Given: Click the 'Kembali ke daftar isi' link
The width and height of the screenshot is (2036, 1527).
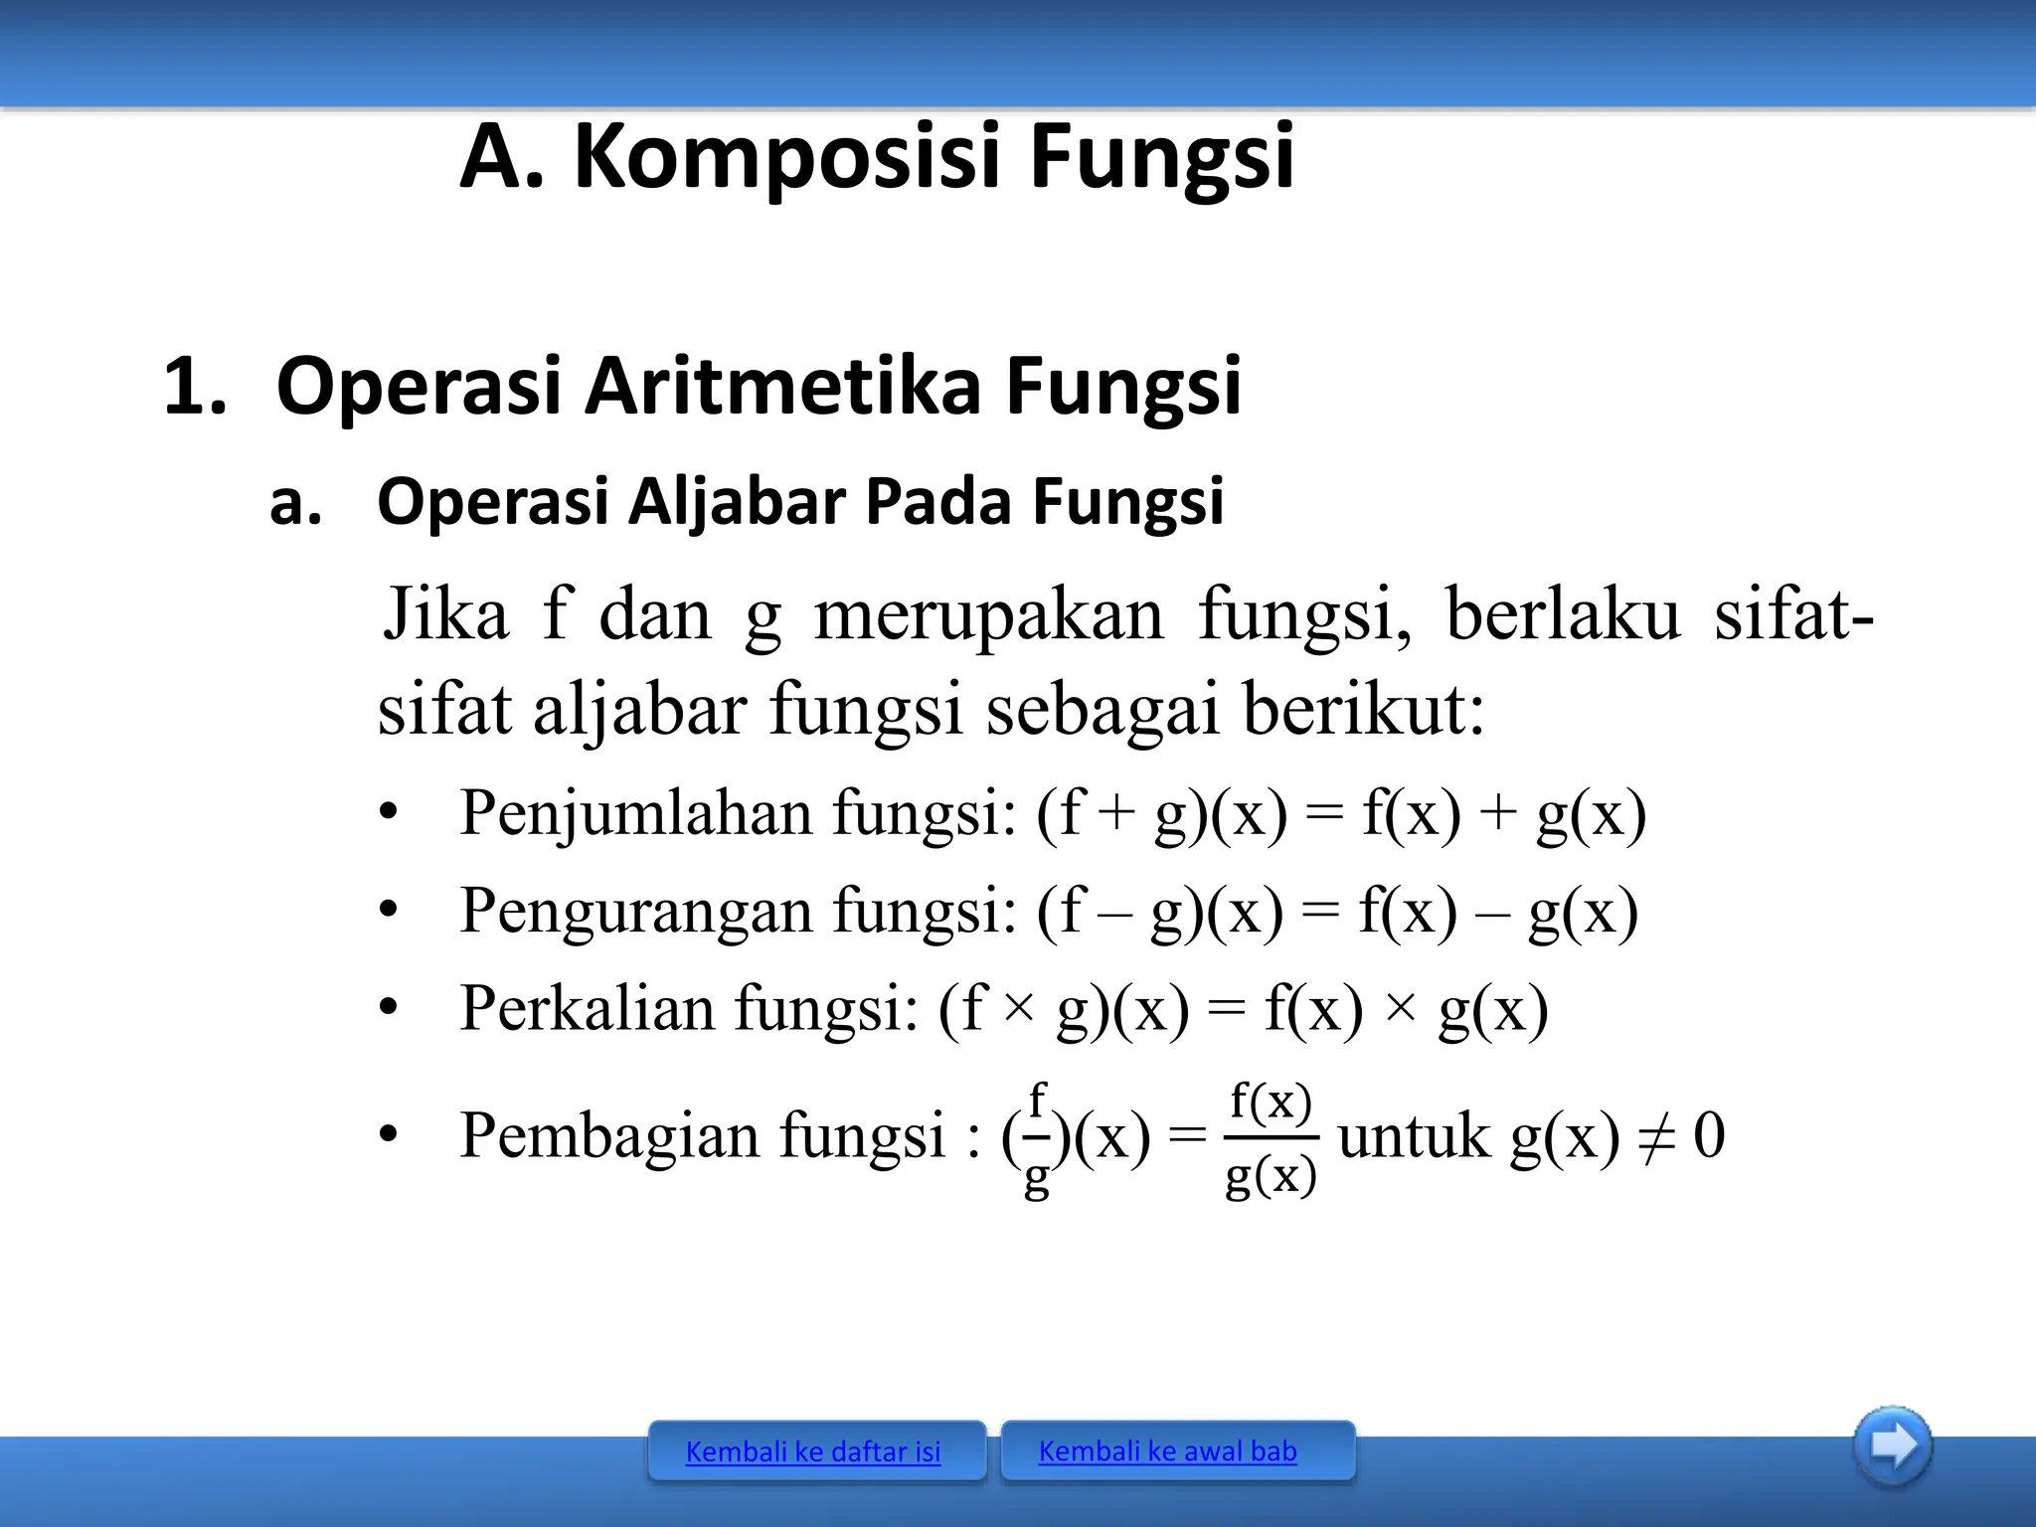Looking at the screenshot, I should tap(813, 1452).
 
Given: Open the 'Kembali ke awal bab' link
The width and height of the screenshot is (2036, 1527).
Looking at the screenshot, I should tap(1167, 1451).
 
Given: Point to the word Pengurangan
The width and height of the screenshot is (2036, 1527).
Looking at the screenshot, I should tap(636, 911).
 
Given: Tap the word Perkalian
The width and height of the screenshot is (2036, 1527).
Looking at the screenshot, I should tap(588, 1008).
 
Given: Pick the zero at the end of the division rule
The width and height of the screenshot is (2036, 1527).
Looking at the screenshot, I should tap(1709, 1135).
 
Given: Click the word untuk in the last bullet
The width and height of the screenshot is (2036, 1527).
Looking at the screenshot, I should tap(1415, 1135).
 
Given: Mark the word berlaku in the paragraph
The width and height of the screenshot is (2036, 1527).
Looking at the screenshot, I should tap(1562, 614).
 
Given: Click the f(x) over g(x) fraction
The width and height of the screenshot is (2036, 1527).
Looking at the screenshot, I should tap(1272, 1138).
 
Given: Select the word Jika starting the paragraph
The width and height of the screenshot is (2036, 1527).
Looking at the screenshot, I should tap(446, 614).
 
